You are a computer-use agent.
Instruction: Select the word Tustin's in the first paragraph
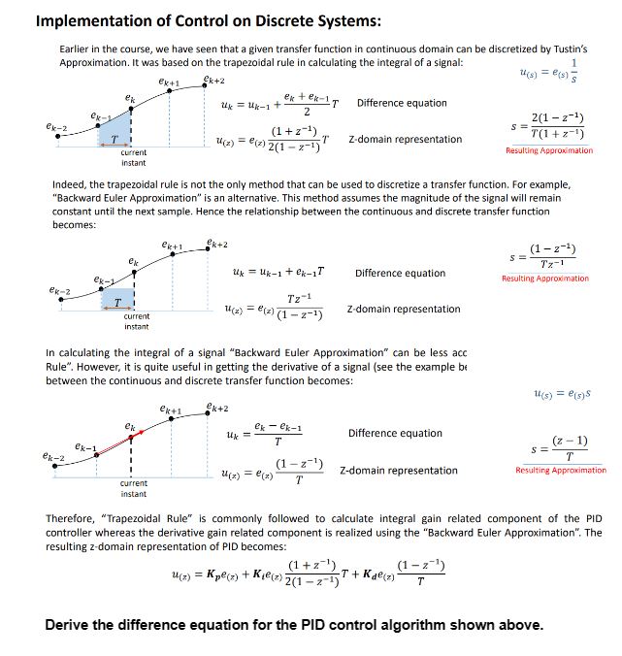(x=567, y=48)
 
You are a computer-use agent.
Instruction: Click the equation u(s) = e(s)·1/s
(x=549, y=74)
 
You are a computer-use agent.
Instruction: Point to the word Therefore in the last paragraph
(x=72, y=518)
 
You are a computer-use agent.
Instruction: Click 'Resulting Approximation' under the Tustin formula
(x=548, y=150)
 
